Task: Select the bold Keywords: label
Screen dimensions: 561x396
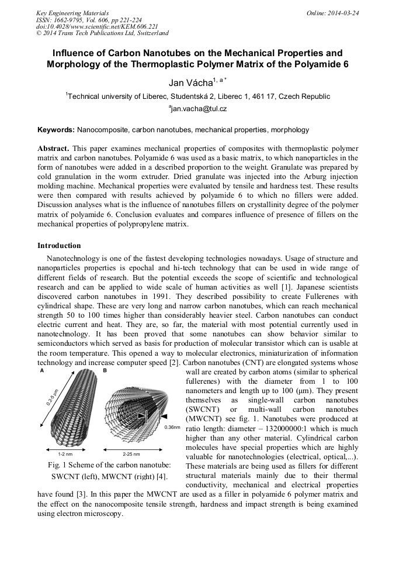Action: tap(56, 129)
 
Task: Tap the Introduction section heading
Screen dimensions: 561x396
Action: tap(59, 245)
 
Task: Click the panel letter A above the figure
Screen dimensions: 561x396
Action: tap(41, 371)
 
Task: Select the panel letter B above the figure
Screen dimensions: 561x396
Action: tap(105, 371)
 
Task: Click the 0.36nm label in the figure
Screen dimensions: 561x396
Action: tap(172, 428)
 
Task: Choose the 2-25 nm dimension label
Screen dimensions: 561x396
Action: tap(131, 454)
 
